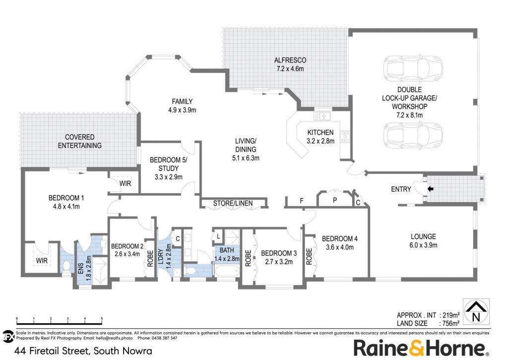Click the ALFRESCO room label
pyautogui.click(x=290, y=60)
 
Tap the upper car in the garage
pyautogui.click(x=413, y=69)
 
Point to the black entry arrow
pyautogui.click(x=430, y=189)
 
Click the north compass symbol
pyautogui.click(x=476, y=312)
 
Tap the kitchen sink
pyautogui.click(x=321, y=116)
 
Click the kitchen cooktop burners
pyautogui.click(x=345, y=137)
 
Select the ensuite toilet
pyautogui.click(x=66, y=267)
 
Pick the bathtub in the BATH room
pyautogui.click(x=227, y=270)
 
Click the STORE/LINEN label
pyautogui.click(x=233, y=204)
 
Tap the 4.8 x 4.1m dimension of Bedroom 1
pyautogui.click(x=66, y=206)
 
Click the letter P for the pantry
pyautogui.click(x=335, y=201)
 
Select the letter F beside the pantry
pyautogui.click(x=302, y=201)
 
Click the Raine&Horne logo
pyautogui.click(x=421, y=348)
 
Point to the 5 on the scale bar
pyautogui.click(x=102, y=319)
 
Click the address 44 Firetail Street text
pyautogui.click(x=52, y=351)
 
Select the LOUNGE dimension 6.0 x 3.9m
pyautogui.click(x=424, y=245)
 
